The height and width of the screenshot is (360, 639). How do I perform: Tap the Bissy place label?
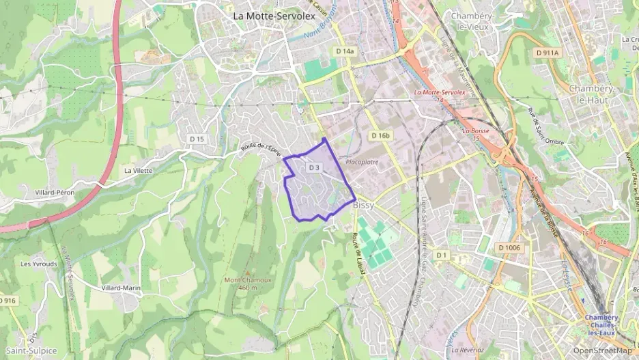366,204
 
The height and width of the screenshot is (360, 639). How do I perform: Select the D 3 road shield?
314,167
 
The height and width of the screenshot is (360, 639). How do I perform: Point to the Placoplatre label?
362,162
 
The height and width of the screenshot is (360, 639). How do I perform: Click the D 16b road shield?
381,136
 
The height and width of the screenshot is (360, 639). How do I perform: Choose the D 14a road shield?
345,51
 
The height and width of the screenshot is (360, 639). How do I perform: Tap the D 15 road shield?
197,139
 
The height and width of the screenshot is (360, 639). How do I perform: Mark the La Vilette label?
139,171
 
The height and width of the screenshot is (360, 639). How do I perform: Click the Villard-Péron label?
55,193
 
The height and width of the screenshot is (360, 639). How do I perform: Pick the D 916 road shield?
8,301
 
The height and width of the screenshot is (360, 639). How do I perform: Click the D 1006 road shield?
509,247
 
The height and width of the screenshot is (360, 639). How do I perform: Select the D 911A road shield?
547,53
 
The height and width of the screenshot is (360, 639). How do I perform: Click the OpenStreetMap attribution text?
602,350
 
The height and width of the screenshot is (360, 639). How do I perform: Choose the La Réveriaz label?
468,350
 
